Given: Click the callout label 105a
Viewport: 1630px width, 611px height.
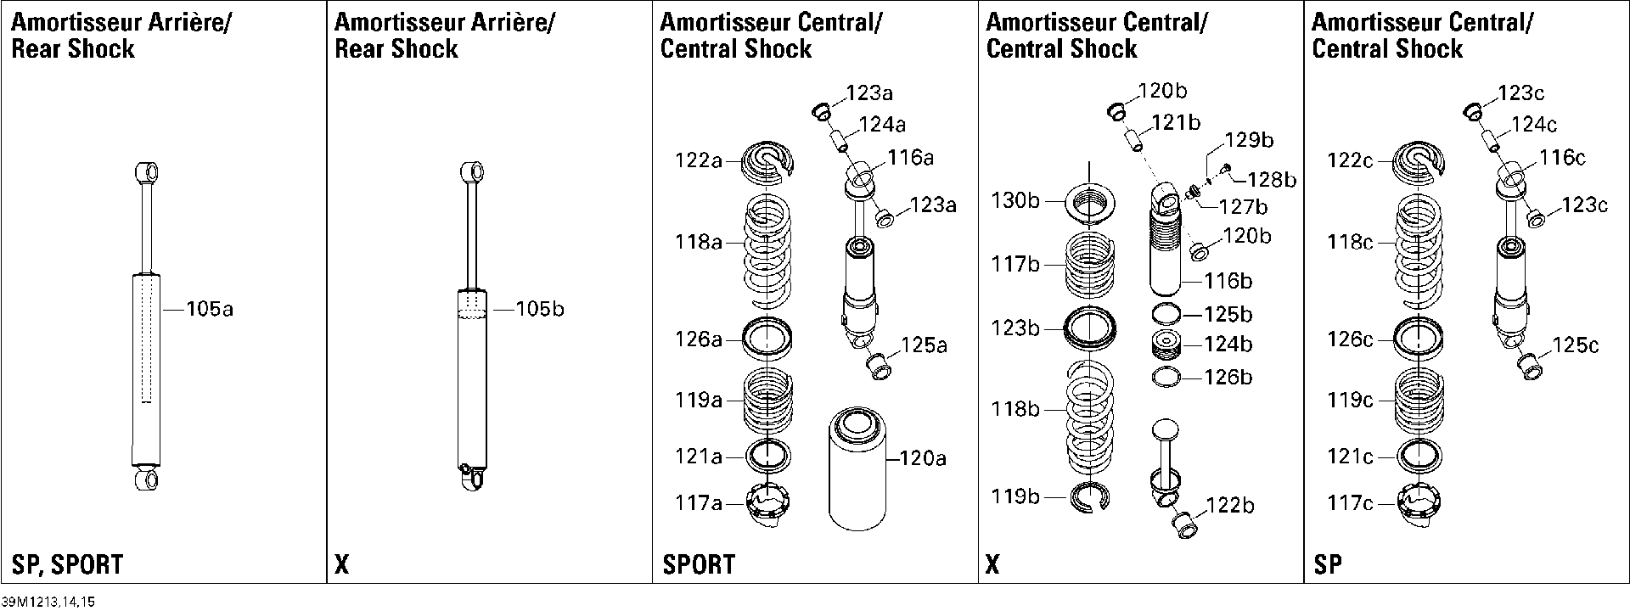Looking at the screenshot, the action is [210, 310].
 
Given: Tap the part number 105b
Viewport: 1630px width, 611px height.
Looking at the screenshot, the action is [539, 310].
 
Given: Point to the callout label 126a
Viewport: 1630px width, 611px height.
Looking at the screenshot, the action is [698, 339].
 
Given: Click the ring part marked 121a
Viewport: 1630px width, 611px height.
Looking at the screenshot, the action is [768, 456].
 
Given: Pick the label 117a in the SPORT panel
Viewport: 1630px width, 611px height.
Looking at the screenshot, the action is [698, 504].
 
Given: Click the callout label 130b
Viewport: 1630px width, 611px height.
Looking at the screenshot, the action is [1015, 202].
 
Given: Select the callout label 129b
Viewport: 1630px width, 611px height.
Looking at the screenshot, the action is [1249, 140].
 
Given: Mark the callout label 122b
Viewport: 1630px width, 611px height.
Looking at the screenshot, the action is [1230, 506].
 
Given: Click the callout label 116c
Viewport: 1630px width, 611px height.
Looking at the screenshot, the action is [1563, 158].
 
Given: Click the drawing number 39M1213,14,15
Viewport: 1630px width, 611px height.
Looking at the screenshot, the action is [49, 602].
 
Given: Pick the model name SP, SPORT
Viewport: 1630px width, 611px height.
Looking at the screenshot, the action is [67, 564].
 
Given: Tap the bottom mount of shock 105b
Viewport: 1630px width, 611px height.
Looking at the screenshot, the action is [473, 476].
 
